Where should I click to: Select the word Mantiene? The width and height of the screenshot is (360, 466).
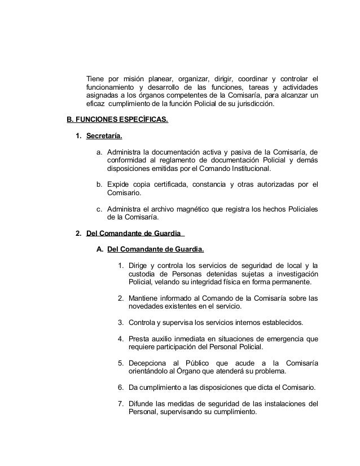point(145,298)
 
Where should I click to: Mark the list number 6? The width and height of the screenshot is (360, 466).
point(121,387)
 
